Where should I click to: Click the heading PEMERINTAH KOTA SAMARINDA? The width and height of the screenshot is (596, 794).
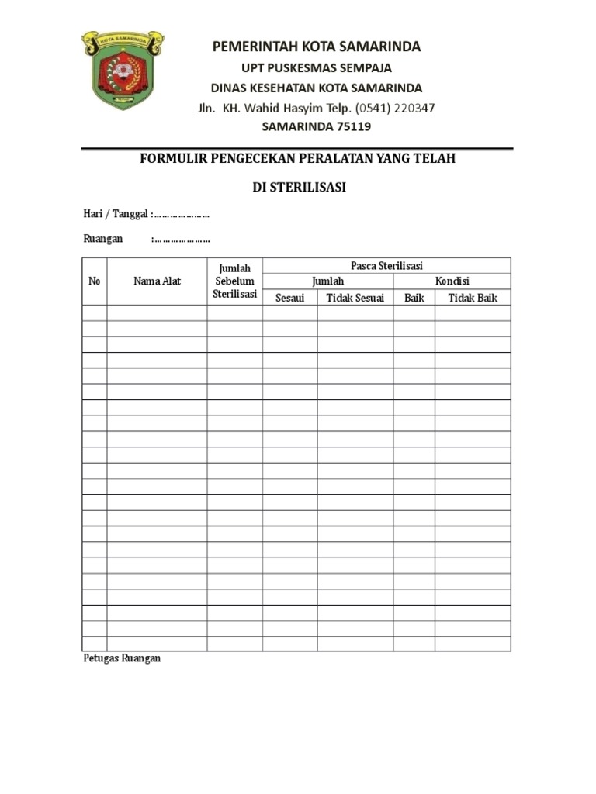[317, 47]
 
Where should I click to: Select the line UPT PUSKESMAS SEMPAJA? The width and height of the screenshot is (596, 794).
[317, 67]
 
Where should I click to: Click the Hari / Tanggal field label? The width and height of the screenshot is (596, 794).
[116, 214]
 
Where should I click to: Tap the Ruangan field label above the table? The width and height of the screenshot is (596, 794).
[103, 239]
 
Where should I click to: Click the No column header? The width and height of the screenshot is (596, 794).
[95, 281]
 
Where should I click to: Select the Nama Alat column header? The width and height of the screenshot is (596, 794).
[157, 281]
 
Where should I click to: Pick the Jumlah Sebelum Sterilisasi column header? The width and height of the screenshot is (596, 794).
[234, 281]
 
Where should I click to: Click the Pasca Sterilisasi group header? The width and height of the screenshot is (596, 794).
[386, 265]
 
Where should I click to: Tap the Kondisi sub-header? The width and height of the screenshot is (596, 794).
[452, 281]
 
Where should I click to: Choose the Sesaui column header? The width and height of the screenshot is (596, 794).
[289, 297]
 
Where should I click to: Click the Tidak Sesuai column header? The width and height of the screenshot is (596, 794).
[355, 297]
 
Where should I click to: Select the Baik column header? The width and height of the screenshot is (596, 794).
[414, 297]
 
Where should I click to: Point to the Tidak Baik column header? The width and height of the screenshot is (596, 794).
[472, 297]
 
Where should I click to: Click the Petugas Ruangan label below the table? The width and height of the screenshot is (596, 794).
[122, 658]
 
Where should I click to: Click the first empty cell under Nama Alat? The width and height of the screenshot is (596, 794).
[157, 312]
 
